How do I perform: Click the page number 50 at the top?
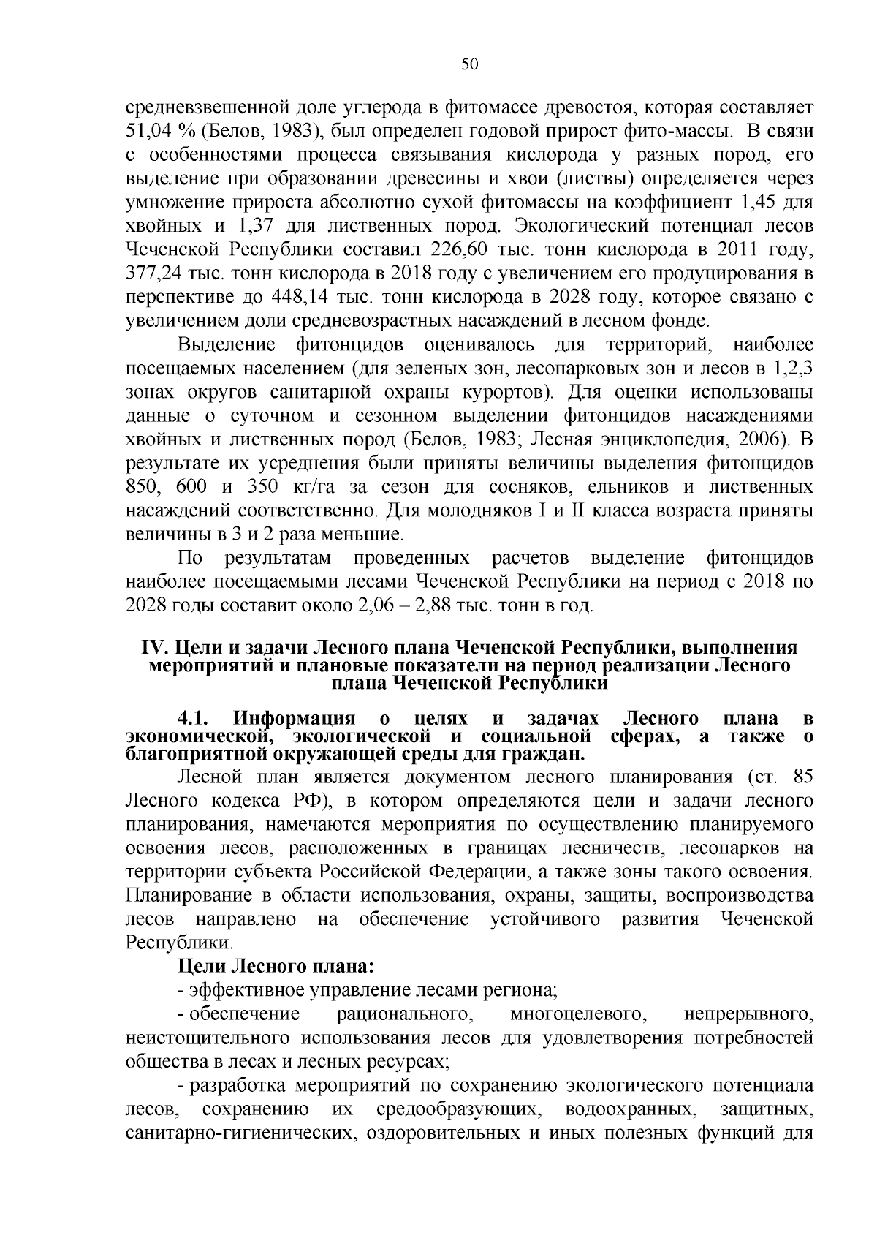469,64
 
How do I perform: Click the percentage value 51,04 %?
161,132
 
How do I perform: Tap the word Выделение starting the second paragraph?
227,344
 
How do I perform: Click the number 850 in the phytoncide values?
143,487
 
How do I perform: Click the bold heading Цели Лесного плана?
276,967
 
